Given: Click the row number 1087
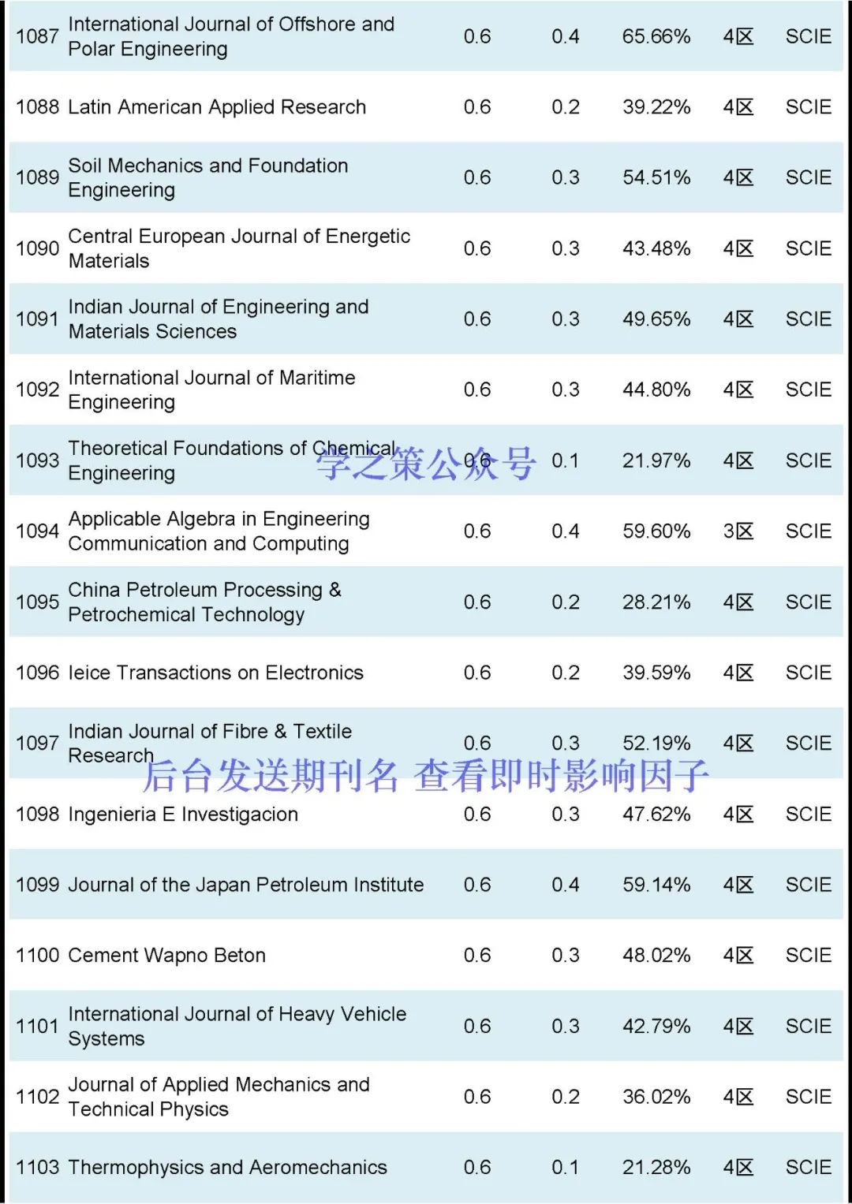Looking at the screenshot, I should (37, 36).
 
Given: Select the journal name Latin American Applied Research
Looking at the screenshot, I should (217, 107).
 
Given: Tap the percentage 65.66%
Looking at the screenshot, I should (656, 36).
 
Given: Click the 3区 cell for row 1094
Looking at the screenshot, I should (738, 531).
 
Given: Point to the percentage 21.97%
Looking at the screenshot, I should (656, 460).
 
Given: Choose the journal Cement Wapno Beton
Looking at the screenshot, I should (166, 956).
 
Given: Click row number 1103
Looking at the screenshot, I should (37, 1168).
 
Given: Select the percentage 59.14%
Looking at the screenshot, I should (656, 885).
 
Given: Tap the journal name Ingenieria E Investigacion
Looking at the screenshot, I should (183, 814).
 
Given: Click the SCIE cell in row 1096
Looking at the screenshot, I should (808, 673).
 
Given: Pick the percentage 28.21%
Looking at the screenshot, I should (656, 602).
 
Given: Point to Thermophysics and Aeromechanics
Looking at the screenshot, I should (227, 1168).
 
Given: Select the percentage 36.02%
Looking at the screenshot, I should (656, 1097).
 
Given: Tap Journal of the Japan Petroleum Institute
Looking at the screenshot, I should (245, 885).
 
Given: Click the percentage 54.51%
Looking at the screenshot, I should (656, 177).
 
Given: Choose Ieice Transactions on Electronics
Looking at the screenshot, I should (215, 673).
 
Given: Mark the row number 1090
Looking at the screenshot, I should (37, 248).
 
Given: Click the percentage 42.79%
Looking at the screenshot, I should (656, 1026).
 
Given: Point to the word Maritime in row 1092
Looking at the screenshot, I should (317, 378).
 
